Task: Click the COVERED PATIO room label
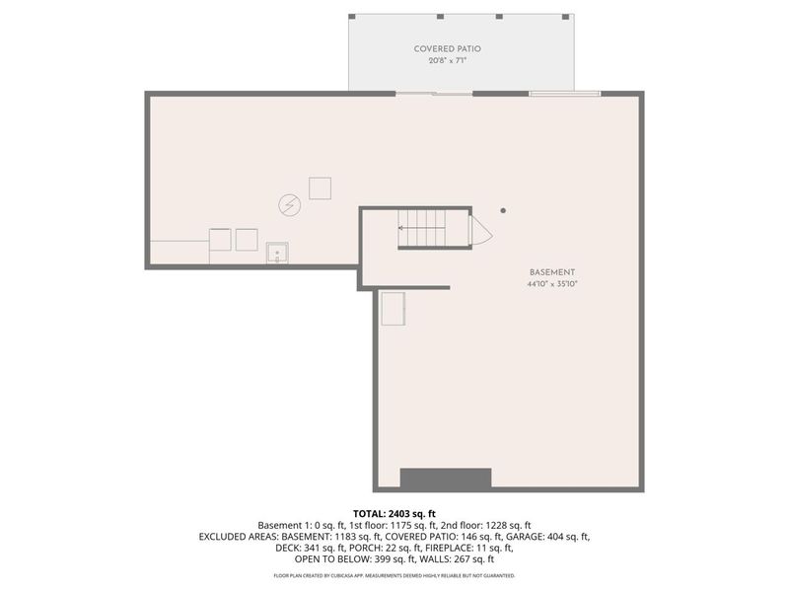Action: pos(447,48)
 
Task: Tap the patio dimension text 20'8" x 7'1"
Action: pos(447,61)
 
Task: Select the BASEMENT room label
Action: pos(551,272)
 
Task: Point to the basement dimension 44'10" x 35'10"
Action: pos(551,284)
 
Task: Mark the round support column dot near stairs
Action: pos(503,209)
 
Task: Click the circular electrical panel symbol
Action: pos(290,204)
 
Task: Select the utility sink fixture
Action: pos(277,254)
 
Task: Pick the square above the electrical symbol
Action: pos(320,187)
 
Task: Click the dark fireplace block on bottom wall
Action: pos(446,479)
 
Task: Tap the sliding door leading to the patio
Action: pos(438,94)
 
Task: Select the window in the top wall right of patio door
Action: pos(564,94)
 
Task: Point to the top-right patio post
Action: pos(569,17)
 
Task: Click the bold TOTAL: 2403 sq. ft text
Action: pos(394,513)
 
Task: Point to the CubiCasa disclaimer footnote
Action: pos(394,575)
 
